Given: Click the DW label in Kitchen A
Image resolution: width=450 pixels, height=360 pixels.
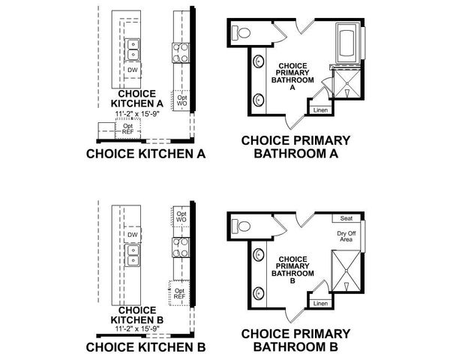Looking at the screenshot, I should click(132, 70).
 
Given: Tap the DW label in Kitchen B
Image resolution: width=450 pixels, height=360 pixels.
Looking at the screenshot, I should click(132, 235).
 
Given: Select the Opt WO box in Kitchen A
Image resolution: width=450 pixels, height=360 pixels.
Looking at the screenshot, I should click(181, 99).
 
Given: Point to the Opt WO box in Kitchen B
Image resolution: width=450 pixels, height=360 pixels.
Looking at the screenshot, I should click(181, 216).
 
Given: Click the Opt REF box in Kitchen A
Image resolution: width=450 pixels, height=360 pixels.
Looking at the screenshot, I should click(127, 129).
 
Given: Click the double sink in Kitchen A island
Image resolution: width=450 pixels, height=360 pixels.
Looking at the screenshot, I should click(132, 49).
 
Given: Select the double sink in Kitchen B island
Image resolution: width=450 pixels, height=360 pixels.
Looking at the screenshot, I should click(132, 260).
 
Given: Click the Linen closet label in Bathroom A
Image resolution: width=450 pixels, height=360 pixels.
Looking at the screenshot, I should click(320, 110).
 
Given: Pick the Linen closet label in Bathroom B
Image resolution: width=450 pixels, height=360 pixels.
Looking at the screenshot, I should click(320, 304).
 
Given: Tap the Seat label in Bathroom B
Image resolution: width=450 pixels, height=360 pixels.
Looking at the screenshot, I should click(346, 218).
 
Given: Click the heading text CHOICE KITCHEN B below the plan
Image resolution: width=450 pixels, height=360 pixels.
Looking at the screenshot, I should click(145, 347).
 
